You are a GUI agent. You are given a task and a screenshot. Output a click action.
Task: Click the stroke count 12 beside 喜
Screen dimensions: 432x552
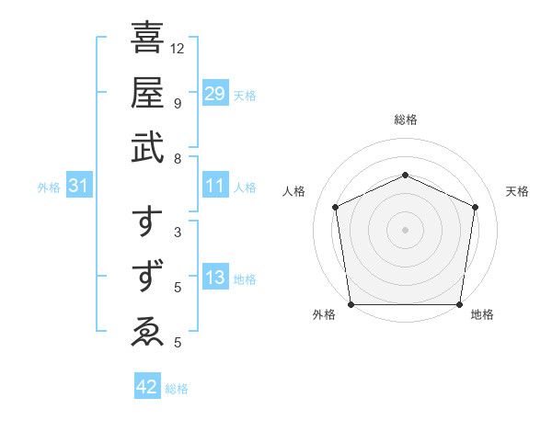click(x=178, y=48)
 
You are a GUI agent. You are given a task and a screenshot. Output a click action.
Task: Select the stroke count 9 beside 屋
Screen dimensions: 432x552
click(x=177, y=102)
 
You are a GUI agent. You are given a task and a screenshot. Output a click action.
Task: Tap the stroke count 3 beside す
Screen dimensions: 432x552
click(x=177, y=232)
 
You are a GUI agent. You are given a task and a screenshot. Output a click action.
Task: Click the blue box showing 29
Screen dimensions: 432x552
click(x=214, y=94)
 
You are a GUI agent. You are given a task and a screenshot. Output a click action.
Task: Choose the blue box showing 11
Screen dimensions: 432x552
click(x=214, y=187)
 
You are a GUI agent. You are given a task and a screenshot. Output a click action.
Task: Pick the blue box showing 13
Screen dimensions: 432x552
click(x=214, y=279)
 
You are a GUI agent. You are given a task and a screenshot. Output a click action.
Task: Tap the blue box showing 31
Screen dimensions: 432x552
click(x=79, y=187)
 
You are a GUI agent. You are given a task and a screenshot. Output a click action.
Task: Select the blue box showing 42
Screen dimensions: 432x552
click(x=147, y=388)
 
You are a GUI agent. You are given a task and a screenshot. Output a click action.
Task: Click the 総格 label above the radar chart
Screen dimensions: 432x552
click(x=406, y=119)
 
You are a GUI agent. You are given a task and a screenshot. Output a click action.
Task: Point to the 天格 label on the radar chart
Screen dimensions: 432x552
click(x=517, y=191)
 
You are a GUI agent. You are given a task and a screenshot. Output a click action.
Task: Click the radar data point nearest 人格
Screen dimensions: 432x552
click(x=336, y=207)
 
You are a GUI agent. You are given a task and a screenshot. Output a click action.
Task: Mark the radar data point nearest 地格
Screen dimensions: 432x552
click(x=459, y=304)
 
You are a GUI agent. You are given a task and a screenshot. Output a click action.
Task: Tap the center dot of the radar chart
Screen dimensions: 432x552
click(x=405, y=229)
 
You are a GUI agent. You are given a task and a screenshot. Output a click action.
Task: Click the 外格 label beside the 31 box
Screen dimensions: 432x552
click(x=49, y=188)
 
